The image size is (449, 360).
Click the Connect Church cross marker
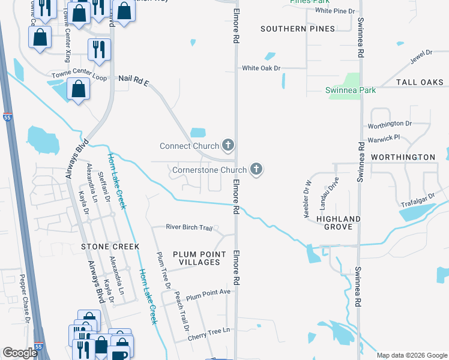228,145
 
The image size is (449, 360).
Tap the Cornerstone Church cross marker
256,170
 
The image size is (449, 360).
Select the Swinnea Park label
350,90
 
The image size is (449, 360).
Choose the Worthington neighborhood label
403,157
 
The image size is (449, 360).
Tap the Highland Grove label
338,224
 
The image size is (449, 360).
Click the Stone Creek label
110,247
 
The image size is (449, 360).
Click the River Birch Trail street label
190,227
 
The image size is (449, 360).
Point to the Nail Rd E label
133,79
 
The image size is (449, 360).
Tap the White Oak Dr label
261,68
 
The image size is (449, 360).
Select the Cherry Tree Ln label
208,331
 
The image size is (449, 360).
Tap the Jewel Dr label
421,58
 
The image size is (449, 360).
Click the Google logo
20,353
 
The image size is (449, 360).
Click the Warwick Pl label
384,139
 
